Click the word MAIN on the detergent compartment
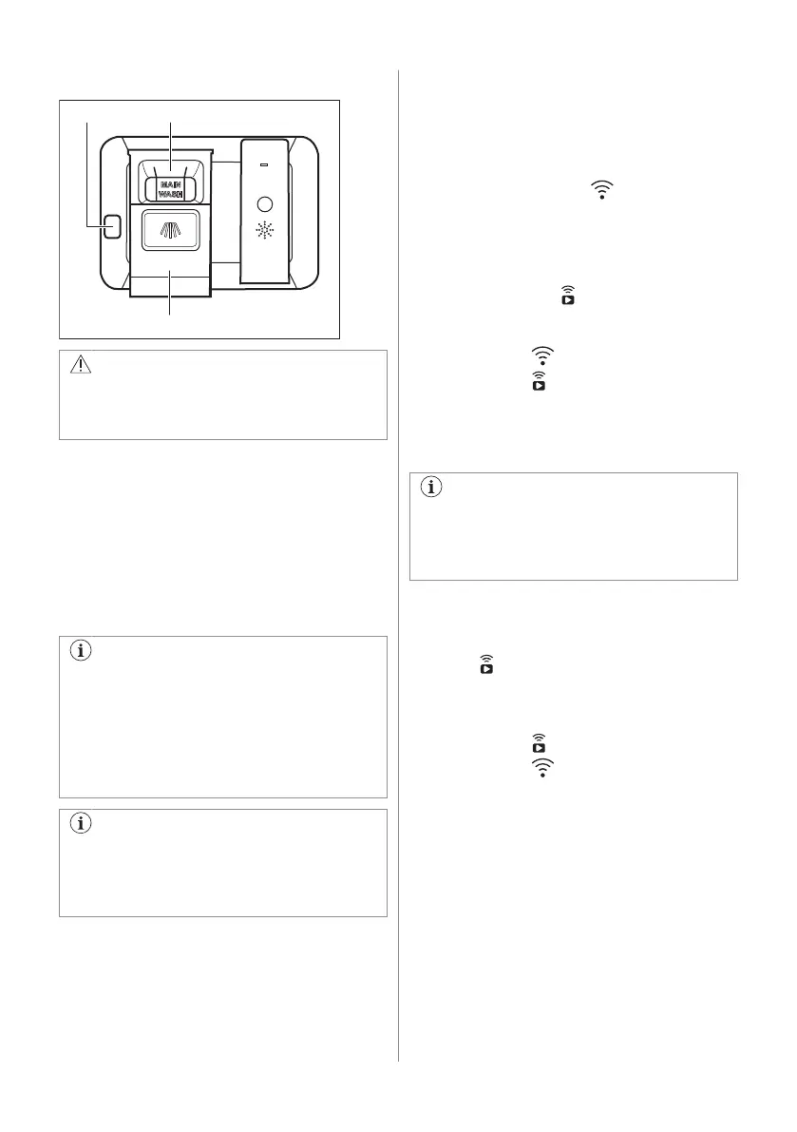coord(171,183)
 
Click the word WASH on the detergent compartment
coord(171,194)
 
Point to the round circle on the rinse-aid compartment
coord(265,203)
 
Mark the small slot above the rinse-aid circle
coord(265,163)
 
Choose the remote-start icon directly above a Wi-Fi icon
coord(540,742)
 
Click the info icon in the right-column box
coord(432,489)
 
